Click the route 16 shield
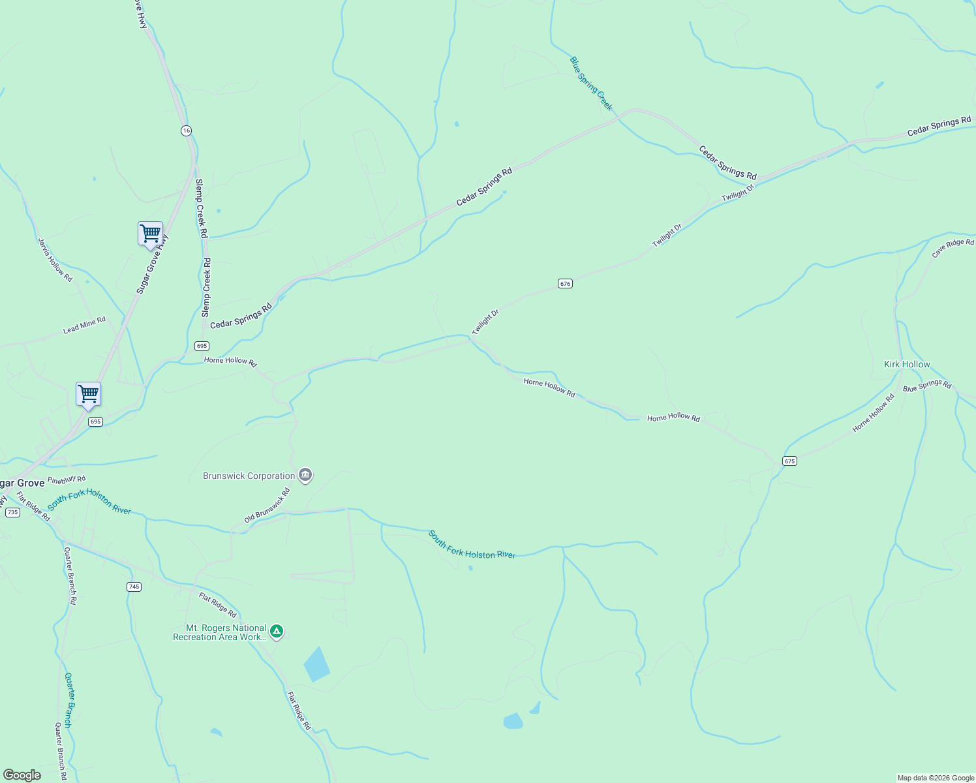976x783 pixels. pos(187,130)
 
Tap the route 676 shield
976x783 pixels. pos(565,283)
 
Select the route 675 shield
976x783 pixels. pos(789,461)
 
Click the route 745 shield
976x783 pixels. pos(134,587)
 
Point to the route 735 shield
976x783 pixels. pos(12,512)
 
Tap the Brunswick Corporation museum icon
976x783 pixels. pos(305,475)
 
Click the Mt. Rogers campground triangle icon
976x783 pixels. pos(277,631)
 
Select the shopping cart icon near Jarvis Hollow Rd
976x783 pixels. pos(150,233)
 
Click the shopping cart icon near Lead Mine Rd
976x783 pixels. pos(88,393)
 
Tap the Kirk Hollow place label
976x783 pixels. pos(907,364)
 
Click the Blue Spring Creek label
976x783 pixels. pos(592,84)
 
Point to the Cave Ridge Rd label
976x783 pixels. pos(953,248)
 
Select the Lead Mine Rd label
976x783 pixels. pos(84,326)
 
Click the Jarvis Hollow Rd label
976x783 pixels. pos(55,260)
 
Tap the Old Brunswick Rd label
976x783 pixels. pos(267,506)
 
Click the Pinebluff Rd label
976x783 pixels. pos(67,480)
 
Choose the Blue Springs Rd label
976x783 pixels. pos(927,385)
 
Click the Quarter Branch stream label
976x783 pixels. pos(69,700)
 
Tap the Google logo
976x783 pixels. pos(22,775)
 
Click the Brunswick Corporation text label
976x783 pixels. pos(249,476)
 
